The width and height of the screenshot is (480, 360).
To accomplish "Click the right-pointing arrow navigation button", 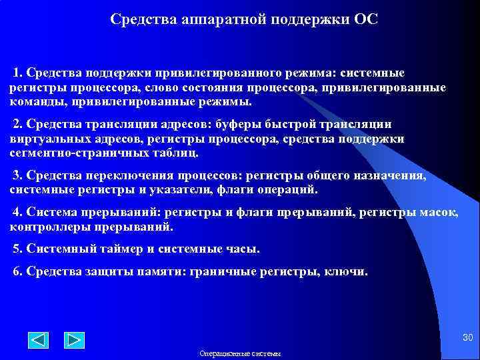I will pyautogui.click(x=74, y=340).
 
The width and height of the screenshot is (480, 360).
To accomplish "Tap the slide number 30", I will pyautogui.click(x=467, y=338).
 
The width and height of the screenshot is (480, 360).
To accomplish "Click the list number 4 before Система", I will pyautogui.click(x=17, y=212).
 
